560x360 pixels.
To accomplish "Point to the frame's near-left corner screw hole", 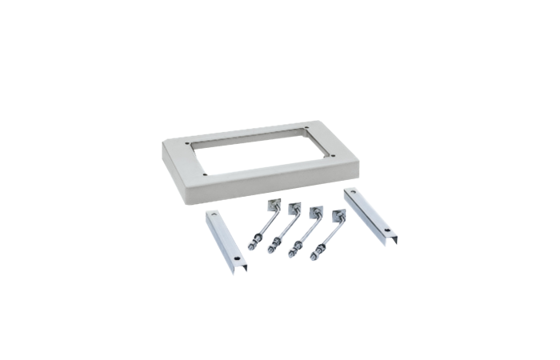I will tap(206, 174).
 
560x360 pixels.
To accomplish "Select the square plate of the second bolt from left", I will tap(294, 206).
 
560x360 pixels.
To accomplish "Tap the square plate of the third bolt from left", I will tap(318, 212).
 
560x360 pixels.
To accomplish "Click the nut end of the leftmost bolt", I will tap(252, 244).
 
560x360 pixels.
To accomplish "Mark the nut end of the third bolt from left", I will tap(294, 251).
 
